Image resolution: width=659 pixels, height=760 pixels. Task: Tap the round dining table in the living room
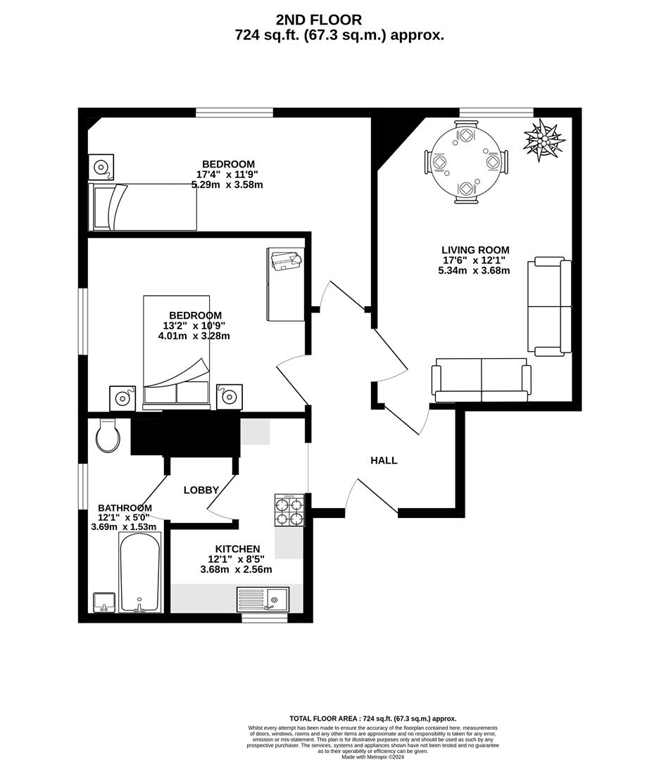[x=465, y=163]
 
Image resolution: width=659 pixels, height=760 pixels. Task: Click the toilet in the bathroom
[x=107, y=436]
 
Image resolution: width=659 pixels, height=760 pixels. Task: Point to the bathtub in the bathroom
[x=140, y=572]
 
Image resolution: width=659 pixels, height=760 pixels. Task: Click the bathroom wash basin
[x=104, y=602]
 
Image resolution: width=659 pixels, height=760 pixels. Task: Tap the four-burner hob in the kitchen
[x=289, y=510]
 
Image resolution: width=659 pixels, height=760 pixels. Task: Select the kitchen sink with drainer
[x=263, y=599]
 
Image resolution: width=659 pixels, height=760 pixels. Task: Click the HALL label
[x=384, y=460]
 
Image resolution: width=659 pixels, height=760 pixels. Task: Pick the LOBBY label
[x=201, y=490]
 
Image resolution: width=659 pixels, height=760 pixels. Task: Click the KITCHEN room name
[x=237, y=549]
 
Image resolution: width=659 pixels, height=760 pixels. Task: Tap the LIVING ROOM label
[x=475, y=250]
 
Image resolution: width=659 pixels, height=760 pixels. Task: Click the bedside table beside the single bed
[x=100, y=167]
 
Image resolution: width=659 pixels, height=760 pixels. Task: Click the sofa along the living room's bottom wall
[x=481, y=379]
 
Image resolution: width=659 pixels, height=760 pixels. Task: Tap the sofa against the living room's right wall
[x=550, y=305]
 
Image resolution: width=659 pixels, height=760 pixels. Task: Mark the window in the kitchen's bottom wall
[x=261, y=618]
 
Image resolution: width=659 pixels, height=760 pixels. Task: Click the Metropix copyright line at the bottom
[x=374, y=756]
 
